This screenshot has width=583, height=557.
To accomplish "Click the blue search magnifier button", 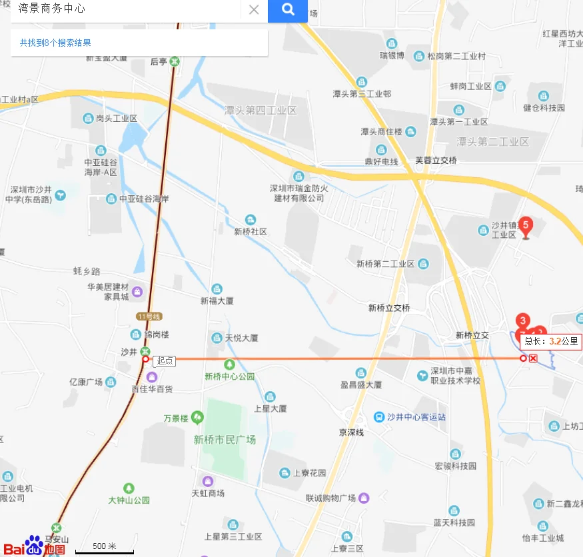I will (x=287, y=10).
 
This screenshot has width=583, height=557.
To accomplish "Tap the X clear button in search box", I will (x=254, y=10).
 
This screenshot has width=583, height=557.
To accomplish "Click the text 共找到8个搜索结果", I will (x=55, y=43).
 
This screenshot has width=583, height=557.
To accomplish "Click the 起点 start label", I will (x=164, y=360).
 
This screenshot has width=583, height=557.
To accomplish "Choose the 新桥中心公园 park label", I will (x=229, y=376).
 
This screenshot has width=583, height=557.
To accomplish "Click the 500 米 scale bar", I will (x=104, y=548).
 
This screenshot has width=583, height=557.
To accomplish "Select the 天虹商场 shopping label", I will (x=208, y=494).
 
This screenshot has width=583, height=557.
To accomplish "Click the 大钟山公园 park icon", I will (x=129, y=488).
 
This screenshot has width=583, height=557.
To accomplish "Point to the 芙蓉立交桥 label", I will (x=436, y=161).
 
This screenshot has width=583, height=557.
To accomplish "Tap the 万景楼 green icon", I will (x=197, y=418).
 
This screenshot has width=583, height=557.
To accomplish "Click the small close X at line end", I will (x=533, y=358).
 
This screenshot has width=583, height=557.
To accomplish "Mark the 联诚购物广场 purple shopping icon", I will (x=364, y=498).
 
